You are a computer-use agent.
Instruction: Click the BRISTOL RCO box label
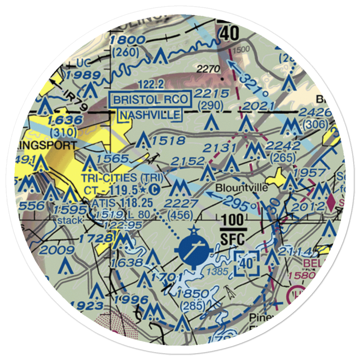[150, 100]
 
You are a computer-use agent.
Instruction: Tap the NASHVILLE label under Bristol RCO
[150, 115]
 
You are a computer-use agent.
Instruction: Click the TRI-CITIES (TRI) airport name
[122, 177]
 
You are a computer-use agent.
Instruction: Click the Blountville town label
[242, 188]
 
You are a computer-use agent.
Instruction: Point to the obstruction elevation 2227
[181, 204]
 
